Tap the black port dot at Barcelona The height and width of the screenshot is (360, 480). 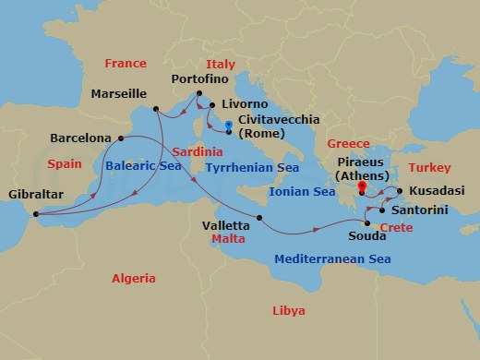point(120,138)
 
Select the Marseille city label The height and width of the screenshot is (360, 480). point(120,94)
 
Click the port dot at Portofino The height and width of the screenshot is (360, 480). point(198,93)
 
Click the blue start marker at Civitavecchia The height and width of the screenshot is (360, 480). point(228,125)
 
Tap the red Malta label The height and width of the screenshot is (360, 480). point(227,237)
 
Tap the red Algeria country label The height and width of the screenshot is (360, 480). point(134,278)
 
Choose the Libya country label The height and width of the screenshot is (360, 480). point(288,312)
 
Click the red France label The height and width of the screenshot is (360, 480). point(126,64)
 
